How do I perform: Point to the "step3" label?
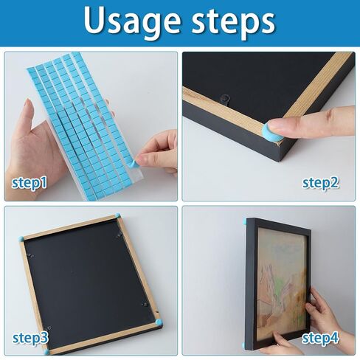click(x=30, y=338)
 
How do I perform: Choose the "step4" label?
click(x=320, y=338)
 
